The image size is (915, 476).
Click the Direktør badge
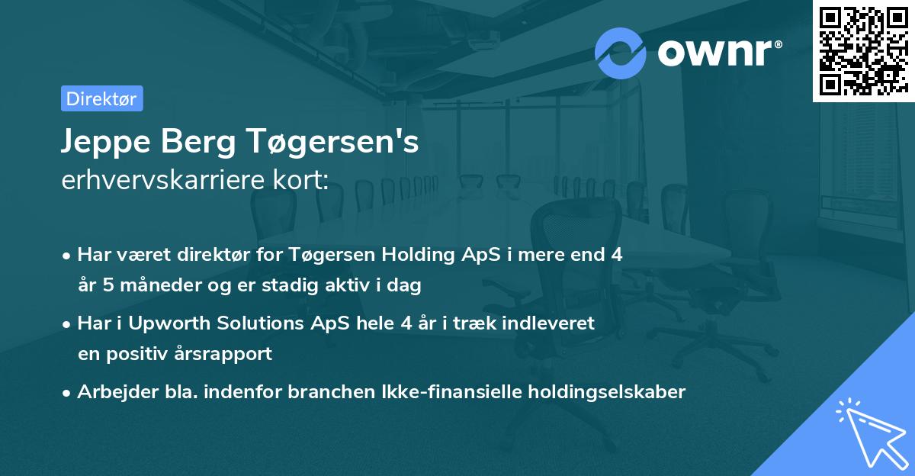[101, 98]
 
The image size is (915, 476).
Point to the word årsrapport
[226, 354]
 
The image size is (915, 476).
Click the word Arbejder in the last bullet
[111, 392]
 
